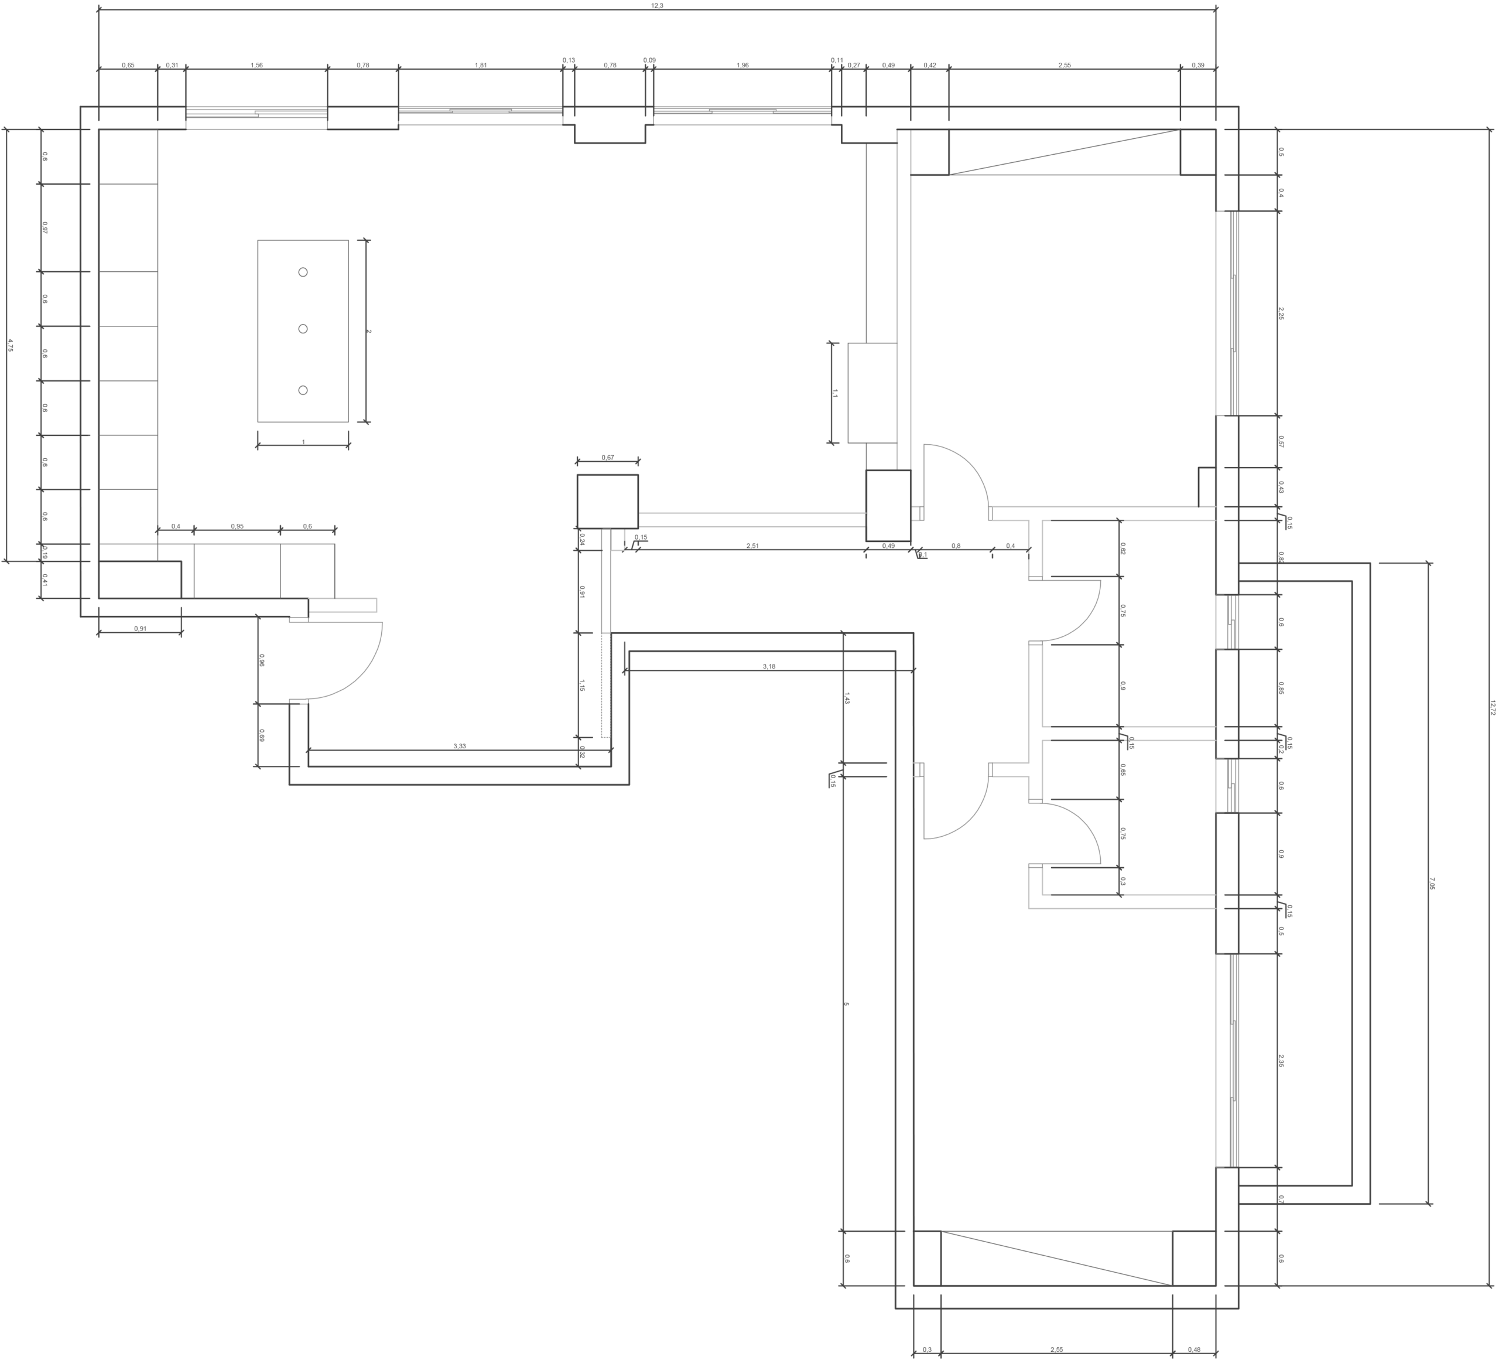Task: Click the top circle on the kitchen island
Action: coord(303,272)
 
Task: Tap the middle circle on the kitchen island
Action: coord(303,329)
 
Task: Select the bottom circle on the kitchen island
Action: coord(303,390)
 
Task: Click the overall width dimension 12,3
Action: coord(658,6)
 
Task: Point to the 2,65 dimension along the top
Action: coord(1065,66)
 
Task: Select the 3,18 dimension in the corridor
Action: coord(769,667)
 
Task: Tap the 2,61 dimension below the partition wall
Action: coord(752,547)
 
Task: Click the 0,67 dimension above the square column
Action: coord(607,458)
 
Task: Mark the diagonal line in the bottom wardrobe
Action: coord(1056,1257)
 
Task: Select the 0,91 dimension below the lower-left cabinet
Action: coord(140,629)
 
